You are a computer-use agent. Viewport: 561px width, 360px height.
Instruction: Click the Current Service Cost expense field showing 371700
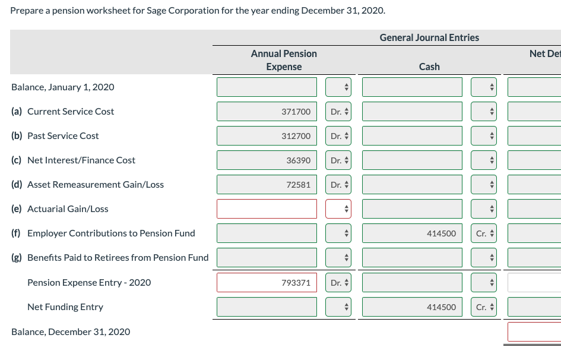pos(267,112)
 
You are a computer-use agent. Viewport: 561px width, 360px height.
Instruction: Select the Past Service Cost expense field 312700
pos(267,136)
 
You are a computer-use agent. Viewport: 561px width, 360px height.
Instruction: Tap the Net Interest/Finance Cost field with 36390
pos(267,160)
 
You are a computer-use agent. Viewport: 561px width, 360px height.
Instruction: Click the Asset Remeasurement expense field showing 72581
pos(267,185)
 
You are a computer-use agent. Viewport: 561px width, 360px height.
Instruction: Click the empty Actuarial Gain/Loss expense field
pos(267,209)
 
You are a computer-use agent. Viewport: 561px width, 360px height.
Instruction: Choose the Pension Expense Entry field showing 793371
pos(267,283)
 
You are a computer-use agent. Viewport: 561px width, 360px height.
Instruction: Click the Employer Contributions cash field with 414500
pos(412,233)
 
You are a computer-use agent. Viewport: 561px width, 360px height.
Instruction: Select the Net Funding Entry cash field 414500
pos(412,307)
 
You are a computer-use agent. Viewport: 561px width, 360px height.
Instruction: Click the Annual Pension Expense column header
pos(284,60)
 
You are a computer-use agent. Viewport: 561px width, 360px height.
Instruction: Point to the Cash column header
pos(429,67)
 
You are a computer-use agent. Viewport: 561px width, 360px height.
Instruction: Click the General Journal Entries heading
pos(429,37)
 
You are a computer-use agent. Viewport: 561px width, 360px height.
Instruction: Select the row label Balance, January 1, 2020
pos(63,87)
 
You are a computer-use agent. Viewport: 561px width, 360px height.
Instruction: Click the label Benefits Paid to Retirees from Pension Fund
pos(110,258)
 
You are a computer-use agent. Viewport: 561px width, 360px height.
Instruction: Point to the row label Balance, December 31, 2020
pos(71,331)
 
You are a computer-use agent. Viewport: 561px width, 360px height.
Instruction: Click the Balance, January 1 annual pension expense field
pos(267,87)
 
